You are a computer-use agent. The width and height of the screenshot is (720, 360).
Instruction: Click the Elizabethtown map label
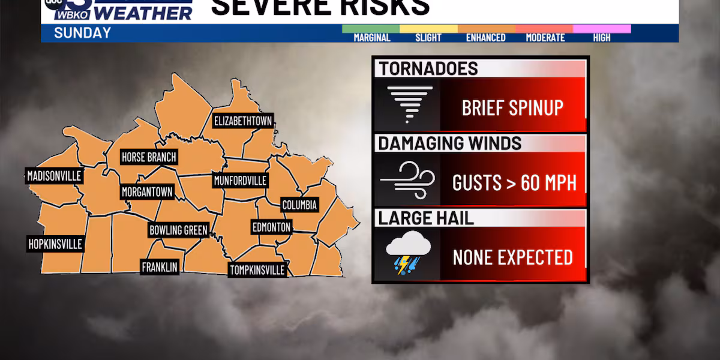pyautogui.click(x=243, y=121)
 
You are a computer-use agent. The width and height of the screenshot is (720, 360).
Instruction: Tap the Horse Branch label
pyautogui.click(x=149, y=157)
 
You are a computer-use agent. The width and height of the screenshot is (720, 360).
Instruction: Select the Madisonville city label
pyautogui.click(x=54, y=176)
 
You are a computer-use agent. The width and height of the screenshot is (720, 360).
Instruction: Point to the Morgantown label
pyautogui.click(x=147, y=193)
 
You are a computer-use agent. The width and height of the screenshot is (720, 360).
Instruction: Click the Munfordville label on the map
pyautogui.click(x=240, y=180)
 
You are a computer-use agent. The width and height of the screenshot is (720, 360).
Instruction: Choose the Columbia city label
pyautogui.click(x=299, y=205)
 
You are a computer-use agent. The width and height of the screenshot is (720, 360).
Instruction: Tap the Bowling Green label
pyautogui.click(x=178, y=230)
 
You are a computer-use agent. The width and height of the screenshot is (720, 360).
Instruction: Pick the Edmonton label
pyautogui.click(x=271, y=227)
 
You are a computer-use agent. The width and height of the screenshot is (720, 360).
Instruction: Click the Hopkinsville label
pyautogui.click(x=55, y=244)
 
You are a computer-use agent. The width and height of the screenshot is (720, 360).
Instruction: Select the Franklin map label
pyautogui.click(x=160, y=267)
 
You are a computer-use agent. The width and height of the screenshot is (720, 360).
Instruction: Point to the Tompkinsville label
pyautogui.click(x=257, y=269)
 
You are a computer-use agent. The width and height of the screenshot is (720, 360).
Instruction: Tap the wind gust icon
pyautogui.click(x=407, y=179)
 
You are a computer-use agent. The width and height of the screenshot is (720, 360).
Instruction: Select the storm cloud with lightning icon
pyautogui.click(x=408, y=254)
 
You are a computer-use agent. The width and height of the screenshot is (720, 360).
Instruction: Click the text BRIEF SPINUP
pyautogui.click(x=512, y=108)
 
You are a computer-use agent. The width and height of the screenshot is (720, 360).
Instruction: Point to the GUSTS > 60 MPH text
pyautogui.click(x=514, y=182)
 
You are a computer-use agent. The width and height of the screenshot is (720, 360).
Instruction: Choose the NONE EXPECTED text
pyautogui.click(x=512, y=257)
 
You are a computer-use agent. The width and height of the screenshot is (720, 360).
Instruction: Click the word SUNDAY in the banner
pyautogui.click(x=82, y=33)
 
